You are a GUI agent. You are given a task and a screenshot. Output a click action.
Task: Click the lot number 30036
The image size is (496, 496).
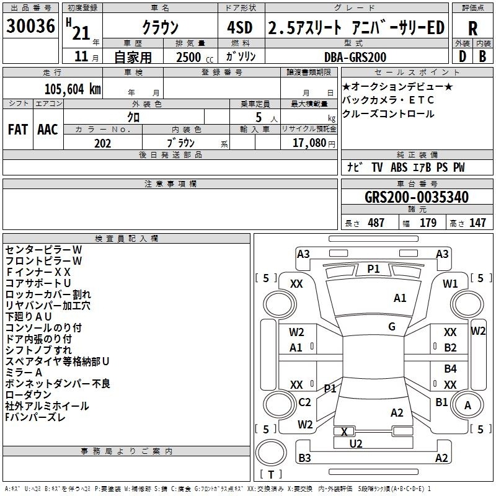[30, 26]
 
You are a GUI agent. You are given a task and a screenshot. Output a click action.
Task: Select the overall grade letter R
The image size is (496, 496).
[472, 29]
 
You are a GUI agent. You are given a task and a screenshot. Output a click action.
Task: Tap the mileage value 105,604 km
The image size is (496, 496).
[73, 89]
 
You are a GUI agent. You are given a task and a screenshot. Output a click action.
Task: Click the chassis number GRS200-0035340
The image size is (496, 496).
[417, 197]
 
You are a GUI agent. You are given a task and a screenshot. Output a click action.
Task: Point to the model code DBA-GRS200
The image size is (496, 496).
[355, 57]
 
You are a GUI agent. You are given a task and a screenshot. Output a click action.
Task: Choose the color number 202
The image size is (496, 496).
[102, 143]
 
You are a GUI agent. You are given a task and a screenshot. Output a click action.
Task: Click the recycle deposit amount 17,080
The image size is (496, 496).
[309, 143]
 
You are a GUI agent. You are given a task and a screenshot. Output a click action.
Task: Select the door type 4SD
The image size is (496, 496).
[240, 27]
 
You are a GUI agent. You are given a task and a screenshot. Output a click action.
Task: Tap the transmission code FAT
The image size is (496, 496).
[18, 130]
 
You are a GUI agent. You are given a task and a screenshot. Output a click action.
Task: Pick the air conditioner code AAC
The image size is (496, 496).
[48, 130]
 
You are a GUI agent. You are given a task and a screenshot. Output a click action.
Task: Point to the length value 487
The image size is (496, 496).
[376, 223]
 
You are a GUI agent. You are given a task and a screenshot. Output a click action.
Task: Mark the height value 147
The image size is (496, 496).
[477, 223]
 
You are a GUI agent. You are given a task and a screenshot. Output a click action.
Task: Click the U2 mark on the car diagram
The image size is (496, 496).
[356, 444]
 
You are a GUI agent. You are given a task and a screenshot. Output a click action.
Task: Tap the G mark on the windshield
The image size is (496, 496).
[392, 327]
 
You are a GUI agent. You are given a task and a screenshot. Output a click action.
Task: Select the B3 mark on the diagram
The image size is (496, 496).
[304, 458]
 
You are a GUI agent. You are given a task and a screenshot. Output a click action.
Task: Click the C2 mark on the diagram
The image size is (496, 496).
[304, 402]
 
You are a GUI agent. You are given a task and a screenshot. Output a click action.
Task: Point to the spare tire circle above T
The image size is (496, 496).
[271, 453]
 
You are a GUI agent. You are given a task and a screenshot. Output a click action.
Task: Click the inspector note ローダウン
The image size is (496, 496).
[28, 394]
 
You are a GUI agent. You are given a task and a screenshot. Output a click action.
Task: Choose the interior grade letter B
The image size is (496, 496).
[482, 56]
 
